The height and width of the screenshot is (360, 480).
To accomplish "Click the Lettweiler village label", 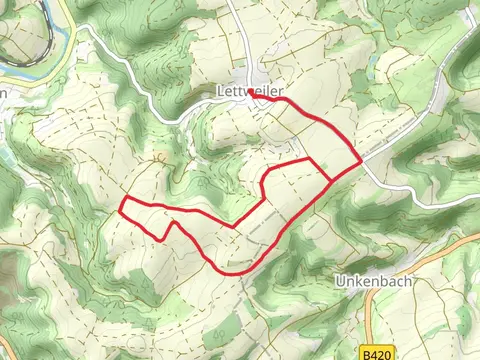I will coord(249,90).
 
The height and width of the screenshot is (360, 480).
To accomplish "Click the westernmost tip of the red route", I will coord(121,209).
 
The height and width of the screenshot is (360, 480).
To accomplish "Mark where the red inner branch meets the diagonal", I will coord(331,181).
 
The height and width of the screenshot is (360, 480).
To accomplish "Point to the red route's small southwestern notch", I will coord(165,237).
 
